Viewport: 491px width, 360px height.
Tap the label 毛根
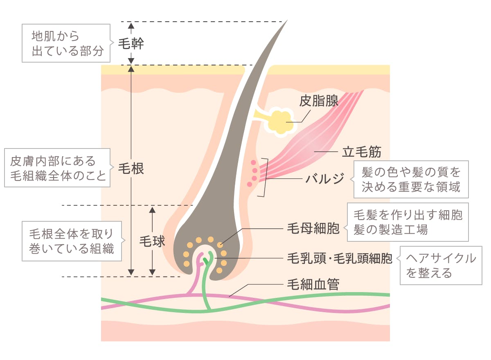point(131,169)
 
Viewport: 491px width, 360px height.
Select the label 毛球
point(152,241)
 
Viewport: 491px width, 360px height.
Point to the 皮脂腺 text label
point(319,101)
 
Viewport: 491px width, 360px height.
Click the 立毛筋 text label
point(361,152)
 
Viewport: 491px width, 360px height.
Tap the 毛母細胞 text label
point(313,229)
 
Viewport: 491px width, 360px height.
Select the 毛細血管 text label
point(313,284)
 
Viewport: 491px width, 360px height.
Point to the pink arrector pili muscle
point(311,143)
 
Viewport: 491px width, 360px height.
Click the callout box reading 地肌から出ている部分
point(66,43)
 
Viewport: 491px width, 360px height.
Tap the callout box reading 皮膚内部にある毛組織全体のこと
point(57,168)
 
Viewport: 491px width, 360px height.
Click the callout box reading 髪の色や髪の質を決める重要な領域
point(410,179)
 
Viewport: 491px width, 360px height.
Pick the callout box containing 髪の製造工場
point(407,222)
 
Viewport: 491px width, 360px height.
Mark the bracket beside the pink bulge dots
point(266,177)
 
